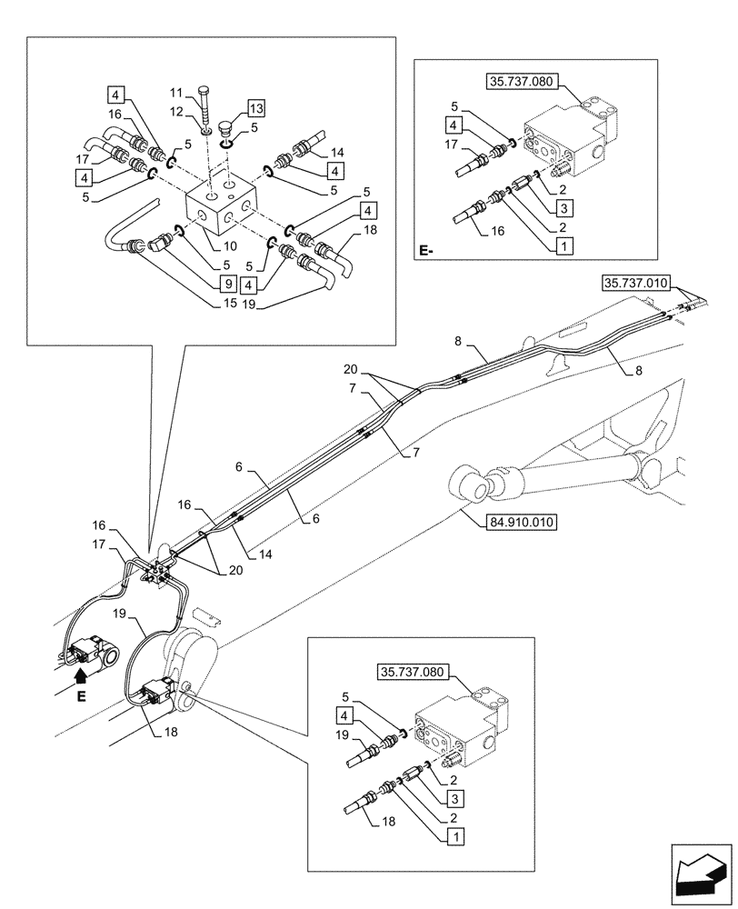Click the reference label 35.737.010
(x=635, y=283)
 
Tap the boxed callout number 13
(x=255, y=108)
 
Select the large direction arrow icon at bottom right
(x=700, y=874)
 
